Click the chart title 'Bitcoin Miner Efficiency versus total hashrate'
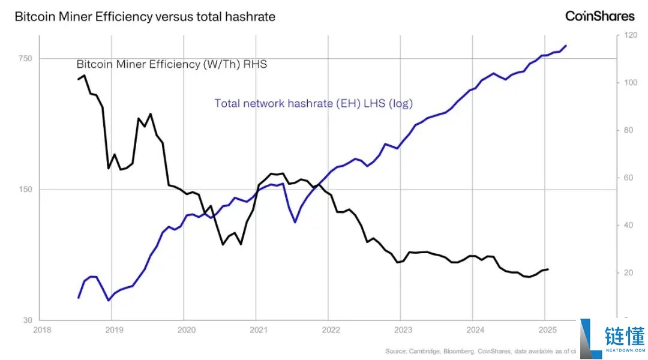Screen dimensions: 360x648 [x=145, y=17]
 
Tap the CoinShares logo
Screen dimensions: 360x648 [x=599, y=16]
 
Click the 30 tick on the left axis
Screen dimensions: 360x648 [x=28, y=320]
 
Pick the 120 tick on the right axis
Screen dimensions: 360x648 [x=630, y=35]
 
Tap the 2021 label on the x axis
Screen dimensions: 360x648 [x=259, y=330]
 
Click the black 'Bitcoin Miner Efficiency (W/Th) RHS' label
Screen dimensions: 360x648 [x=172, y=64]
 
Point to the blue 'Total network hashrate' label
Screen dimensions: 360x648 [x=314, y=103]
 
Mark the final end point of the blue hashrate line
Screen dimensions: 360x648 [x=566, y=46]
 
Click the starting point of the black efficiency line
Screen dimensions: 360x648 [x=78, y=79]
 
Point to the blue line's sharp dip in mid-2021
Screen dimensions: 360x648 [x=295, y=223]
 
